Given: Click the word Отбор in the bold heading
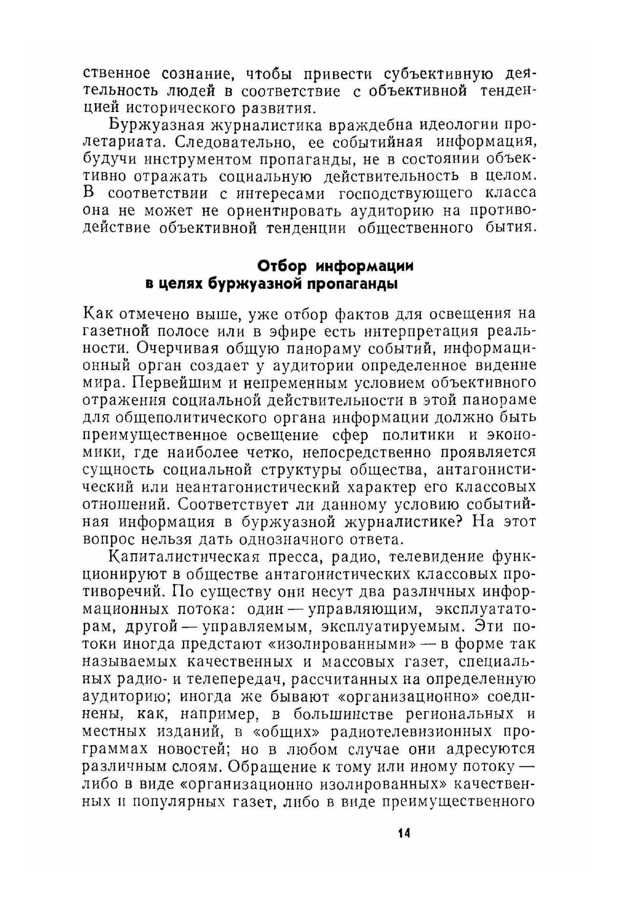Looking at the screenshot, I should [281, 266].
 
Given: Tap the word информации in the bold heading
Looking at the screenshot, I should [365, 266].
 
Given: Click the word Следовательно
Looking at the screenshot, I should [226, 142].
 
